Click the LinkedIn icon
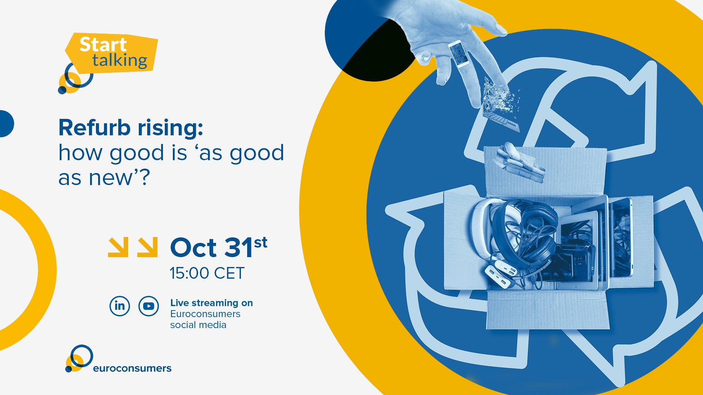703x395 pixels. [x=120, y=306]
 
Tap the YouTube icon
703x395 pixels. [x=149, y=306]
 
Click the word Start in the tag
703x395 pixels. [x=103, y=45]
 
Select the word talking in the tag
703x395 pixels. [x=120, y=61]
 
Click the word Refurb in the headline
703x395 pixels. [x=94, y=128]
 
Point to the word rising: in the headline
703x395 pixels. [x=170, y=128]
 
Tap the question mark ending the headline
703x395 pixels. [x=145, y=177]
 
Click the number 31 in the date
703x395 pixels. [x=238, y=248]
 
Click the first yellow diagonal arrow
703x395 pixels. [x=118, y=247]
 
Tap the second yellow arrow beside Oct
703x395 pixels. [x=147, y=247]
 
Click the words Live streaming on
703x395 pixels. [x=211, y=303]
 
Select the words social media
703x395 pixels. [x=198, y=325]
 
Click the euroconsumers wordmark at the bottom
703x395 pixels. [x=132, y=368]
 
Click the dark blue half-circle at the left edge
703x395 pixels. [x=6, y=124]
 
